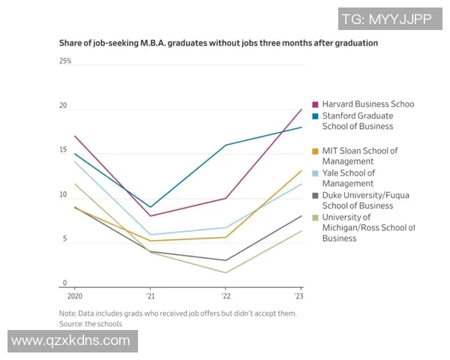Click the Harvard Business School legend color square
(x=316, y=104)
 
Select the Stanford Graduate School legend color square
(x=316, y=116)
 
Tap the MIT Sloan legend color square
(x=316, y=151)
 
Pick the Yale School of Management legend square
(x=316, y=173)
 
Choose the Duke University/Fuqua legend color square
(x=316, y=196)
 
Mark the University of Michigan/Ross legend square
(x=316, y=218)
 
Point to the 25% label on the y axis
(x=65, y=61)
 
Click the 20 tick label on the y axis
(x=63, y=106)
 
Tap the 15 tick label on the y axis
(x=63, y=151)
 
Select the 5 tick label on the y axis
(x=64, y=240)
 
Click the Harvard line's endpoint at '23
(x=301, y=109)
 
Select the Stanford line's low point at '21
(x=151, y=207)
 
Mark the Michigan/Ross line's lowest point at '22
(x=226, y=272)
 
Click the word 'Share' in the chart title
(x=70, y=43)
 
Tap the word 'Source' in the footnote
(x=71, y=324)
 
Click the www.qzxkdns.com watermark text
(x=71, y=341)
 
